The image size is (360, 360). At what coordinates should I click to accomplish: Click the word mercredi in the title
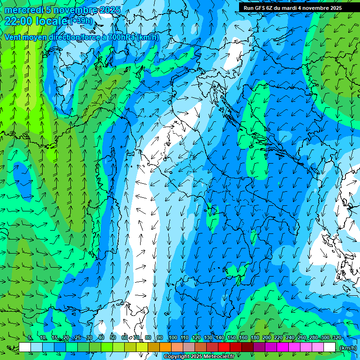[x=23, y=10]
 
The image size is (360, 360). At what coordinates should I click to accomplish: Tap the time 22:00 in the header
[x=18, y=21]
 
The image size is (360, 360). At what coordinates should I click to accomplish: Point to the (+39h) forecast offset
[x=82, y=21]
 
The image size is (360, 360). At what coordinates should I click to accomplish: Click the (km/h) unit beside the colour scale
[x=347, y=348]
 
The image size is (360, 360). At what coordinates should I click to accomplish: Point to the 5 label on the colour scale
[x=30, y=337]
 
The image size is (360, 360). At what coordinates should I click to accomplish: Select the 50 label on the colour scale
[x=113, y=337]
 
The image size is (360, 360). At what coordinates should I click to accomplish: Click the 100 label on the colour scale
[x=172, y=337]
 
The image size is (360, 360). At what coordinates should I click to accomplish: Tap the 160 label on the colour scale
[x=243, y=337]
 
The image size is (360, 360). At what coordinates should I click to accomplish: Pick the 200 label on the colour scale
[x=267, y=337]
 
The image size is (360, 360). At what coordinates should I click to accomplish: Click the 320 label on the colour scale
[x=337, y=337]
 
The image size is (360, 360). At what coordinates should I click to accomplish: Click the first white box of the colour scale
[x=25, y=347]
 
